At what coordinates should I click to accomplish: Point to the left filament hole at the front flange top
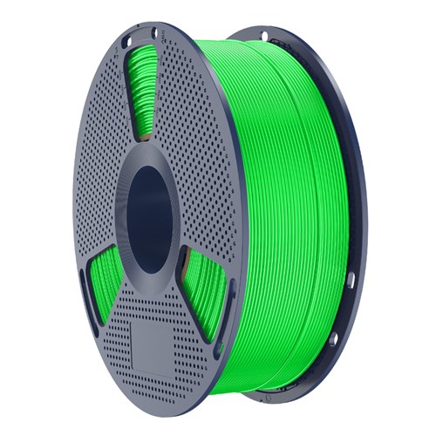click(125, 41)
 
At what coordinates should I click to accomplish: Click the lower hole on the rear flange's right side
click(350, 281)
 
